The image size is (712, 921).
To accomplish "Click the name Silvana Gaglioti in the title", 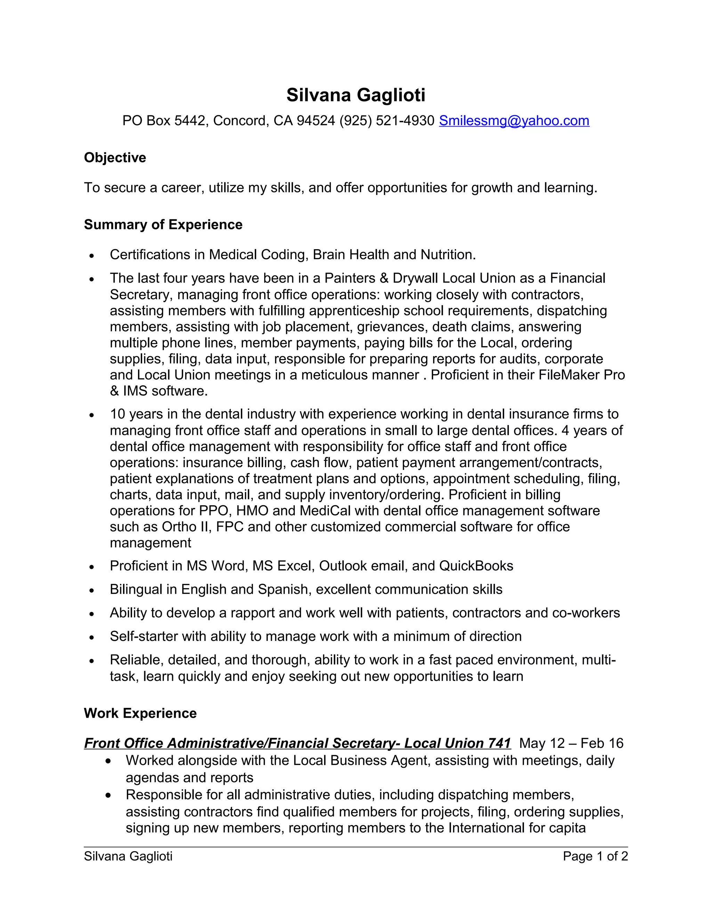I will click(x=356, y=95).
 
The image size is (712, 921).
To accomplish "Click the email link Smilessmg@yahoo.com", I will click(x=514, y=121).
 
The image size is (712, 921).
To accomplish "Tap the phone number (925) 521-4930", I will click(x=386, y=121).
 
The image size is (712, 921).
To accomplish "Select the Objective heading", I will click(x=115, y=157).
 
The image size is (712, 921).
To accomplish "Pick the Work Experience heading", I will click(x=140, y=713).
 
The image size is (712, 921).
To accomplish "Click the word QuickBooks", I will click(x=476, y=566).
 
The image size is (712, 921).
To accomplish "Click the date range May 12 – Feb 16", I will click(x=571, y=743).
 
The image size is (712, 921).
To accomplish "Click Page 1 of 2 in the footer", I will click(x=595, y=856).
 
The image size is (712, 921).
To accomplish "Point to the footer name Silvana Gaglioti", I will click(x=128, y=856).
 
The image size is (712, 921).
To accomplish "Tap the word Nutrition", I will click(x=448, y=255).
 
